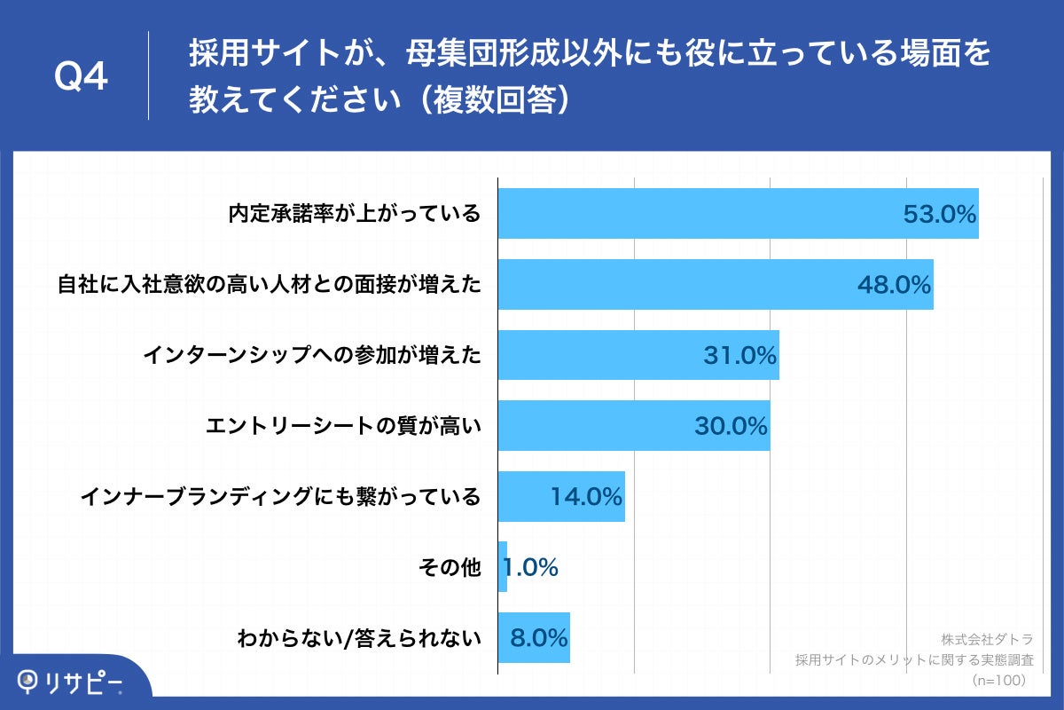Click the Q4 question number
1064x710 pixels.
point(81,77)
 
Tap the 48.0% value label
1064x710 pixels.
point(894,285)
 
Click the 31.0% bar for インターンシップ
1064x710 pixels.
point(603,355)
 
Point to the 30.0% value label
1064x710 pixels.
point(730,427)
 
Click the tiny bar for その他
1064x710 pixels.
point(502,567)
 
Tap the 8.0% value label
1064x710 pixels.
point(538,638)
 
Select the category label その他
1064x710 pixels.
point(449,567)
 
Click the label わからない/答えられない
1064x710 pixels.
point(358,638)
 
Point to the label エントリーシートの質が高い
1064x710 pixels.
point(342,427)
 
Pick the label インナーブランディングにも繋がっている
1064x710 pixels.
point(280,497)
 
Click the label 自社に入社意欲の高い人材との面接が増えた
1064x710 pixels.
point(268,285)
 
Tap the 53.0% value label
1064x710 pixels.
point(939,214)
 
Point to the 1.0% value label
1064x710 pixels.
point(530,567)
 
